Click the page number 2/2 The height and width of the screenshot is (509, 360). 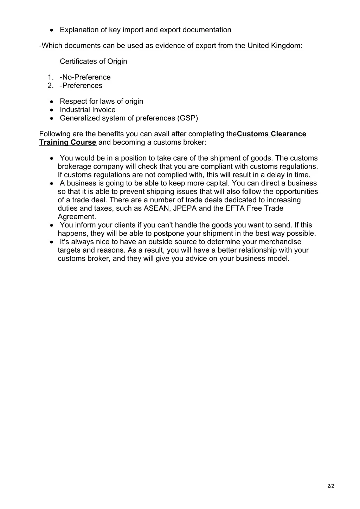(330, 486)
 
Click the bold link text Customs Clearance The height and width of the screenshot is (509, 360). (271, 134)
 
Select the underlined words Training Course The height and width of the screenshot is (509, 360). (67, 142)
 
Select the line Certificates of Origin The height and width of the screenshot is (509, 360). (94, 61)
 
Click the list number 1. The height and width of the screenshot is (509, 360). (51, 77)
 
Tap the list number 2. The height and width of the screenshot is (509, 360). (51, 86)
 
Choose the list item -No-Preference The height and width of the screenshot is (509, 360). (85, 77)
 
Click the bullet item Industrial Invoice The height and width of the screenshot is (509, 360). (88, 110)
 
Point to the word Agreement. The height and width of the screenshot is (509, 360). (77, 217)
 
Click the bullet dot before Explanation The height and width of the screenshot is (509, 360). (52, 30)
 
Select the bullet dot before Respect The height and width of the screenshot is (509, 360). (52, 102)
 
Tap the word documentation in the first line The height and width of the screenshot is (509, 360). (207, 30)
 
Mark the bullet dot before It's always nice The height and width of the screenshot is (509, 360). (52, 242)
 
